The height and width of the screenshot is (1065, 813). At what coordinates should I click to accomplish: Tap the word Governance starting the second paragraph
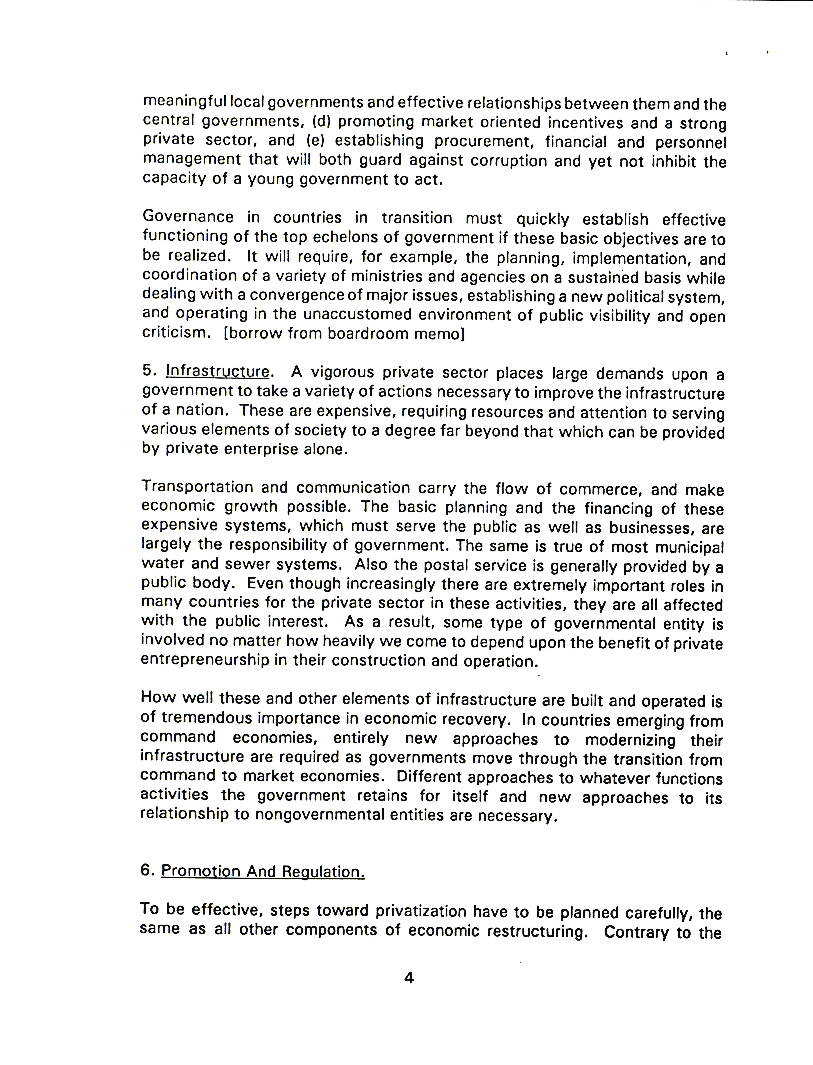click(x=188, y=217)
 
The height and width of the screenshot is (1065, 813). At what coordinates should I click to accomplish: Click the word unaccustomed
click(x=357, y=315)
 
